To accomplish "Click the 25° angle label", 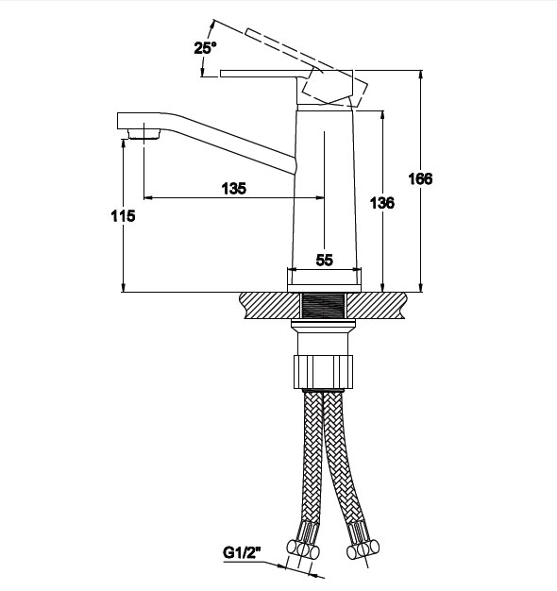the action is (x=205, y=48).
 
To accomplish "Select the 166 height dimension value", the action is (x=420, y=178).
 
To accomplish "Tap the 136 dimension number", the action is (x=382, y=203).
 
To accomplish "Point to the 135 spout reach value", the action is (x=233, y=189).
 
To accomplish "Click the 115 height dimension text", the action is (x=123, y=216).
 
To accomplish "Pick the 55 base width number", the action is (x=325, y=260).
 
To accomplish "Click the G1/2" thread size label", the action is (x=242, y=553).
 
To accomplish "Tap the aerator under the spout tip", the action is (x=143, y=134).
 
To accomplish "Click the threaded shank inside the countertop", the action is (x=324, y=306).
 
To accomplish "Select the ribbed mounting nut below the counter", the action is (x=324, y=372).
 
